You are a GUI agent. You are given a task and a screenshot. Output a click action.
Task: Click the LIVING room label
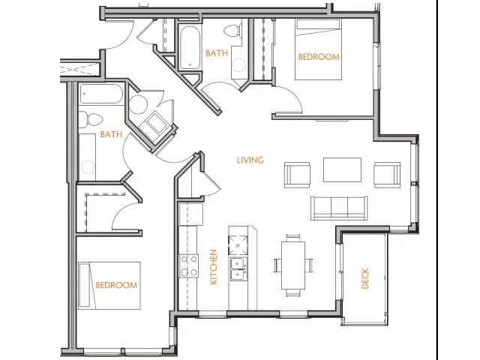point(250,160)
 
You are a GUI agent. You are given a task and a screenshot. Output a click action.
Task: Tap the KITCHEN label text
point(213,267)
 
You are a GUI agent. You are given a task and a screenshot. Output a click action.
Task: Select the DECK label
point(365,278)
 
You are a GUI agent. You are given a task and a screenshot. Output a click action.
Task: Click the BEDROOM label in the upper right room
point(319,57)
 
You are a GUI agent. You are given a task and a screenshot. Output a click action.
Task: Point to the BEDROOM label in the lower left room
point(116,285)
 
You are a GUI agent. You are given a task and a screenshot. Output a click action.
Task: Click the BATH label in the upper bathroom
point(217,53)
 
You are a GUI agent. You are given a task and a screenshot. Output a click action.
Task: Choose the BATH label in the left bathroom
point(111,134)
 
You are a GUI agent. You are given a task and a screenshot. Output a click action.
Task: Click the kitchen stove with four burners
point(188,266)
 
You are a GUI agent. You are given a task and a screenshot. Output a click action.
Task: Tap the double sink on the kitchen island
point(238,269)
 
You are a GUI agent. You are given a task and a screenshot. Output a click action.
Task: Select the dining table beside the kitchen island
point(293,265)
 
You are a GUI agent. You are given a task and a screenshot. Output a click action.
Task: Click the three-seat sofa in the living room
point(339,208)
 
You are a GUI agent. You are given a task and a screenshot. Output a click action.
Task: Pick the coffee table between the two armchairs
point(342,170)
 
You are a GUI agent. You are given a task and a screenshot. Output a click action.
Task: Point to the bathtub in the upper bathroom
point(190,48)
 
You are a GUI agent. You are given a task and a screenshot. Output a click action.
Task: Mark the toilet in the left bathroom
point(91,119)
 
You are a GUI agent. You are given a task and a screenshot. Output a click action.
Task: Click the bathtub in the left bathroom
point(102,94)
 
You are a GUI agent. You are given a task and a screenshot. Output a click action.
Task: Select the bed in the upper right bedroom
point(318,49)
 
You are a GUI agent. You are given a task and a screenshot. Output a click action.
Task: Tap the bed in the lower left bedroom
point(109,285)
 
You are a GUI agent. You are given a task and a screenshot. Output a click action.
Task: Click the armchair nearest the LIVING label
point(297,175)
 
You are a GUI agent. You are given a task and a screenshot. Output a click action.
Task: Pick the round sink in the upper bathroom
point(238,65)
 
